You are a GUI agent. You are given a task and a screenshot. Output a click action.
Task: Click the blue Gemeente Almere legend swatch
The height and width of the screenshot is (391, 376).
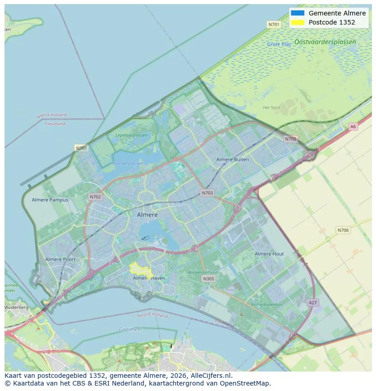[x=297, y=13]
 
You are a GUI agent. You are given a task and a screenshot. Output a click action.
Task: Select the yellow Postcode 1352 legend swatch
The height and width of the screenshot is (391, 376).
[x=297, y=22]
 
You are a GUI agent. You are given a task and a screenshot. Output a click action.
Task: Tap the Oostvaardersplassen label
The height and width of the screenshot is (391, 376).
[x=325, y=42]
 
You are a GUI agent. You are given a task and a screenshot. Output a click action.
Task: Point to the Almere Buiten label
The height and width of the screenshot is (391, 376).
[x=233, y=159]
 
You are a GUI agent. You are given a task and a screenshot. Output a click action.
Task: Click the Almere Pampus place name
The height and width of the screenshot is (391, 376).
[x=50, y=200]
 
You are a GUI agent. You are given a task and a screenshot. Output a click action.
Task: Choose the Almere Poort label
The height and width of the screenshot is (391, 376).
[x=60, y=259]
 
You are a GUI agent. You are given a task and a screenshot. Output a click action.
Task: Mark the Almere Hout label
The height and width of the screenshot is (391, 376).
[x=269, y=254]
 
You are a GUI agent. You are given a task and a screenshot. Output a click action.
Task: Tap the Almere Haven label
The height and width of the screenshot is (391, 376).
[x=149, y=278]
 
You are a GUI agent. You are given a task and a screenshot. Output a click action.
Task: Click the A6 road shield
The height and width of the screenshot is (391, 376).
[x=353, y=127]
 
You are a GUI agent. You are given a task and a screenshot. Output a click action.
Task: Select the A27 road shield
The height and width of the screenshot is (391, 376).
[x=313, y=302]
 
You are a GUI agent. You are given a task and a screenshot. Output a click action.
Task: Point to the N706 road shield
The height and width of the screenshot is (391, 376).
[x=343, y=230]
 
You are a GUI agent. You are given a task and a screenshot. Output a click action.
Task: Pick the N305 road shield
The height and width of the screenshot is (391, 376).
[x=208, y=279]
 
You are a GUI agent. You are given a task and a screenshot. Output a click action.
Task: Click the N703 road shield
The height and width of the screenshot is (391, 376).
[x=207, y=193]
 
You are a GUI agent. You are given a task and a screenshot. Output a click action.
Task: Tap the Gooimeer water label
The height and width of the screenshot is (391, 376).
[x=130, y=329]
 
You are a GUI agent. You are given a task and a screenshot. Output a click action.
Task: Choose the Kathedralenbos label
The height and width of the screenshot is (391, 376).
[x=267, y=305]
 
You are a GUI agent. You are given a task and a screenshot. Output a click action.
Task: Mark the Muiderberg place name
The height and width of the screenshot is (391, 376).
[x=16, y=307]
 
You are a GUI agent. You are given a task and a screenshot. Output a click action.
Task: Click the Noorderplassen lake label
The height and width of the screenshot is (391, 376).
[x=127, y=163]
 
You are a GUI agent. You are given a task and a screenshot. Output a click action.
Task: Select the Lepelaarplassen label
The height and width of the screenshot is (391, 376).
[x=131, y=135]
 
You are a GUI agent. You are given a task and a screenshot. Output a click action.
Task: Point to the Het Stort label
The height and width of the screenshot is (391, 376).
[x=272, y=108]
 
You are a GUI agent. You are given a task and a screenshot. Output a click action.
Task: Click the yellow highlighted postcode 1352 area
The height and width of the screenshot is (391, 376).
[x=139, y=268]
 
